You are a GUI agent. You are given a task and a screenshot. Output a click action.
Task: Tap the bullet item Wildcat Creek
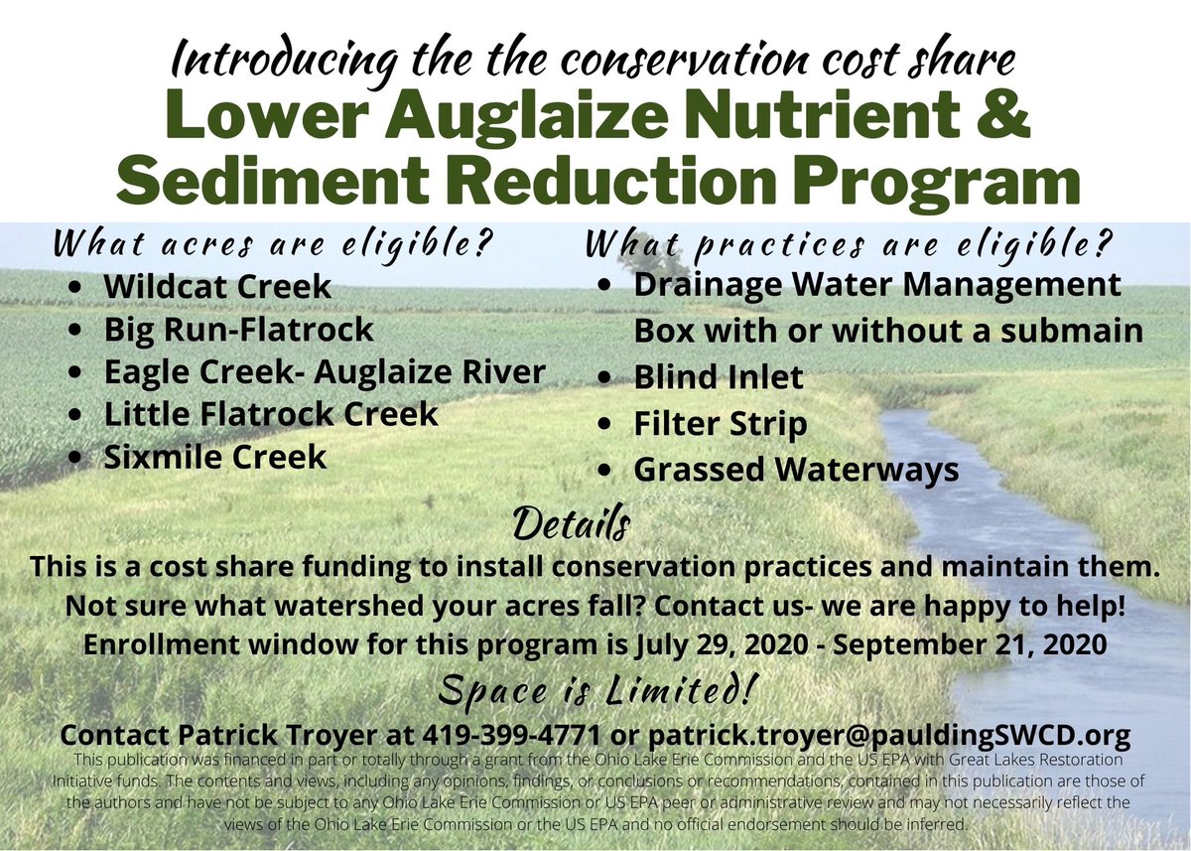tap(216, 287)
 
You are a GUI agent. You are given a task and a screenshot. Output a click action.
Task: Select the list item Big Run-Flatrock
tap(238, 329)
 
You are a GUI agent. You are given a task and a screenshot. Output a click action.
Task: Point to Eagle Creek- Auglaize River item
tap(325, 371)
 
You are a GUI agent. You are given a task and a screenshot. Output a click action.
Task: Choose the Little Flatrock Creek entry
tap(270, 414)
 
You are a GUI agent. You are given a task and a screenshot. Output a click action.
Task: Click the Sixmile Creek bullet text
tap(214, 457)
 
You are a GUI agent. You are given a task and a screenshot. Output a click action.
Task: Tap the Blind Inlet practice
tap(719, 378)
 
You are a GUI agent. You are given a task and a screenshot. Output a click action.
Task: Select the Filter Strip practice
tap(720, 424)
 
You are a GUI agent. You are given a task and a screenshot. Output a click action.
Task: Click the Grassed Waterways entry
tap(796, 470)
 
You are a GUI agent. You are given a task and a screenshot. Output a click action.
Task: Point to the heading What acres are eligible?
tap(273, 243)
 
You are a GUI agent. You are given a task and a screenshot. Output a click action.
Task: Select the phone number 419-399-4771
tap(519, 736)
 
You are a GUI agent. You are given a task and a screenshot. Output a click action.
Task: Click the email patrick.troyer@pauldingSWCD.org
tap(888, 736)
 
